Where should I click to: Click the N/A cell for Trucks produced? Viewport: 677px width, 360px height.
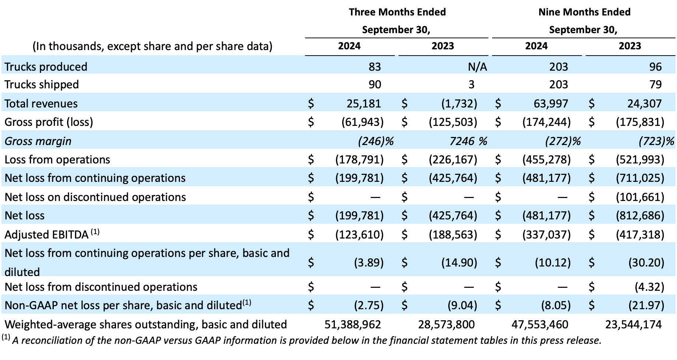[477, 67]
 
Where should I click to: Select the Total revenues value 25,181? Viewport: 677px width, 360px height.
[364, 103]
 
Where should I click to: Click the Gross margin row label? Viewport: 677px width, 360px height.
[38, 141]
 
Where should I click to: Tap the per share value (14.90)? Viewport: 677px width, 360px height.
[459, 262]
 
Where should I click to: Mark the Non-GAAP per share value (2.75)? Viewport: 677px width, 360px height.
[369, 305]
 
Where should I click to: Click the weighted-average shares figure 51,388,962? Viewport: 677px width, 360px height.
[353, 324]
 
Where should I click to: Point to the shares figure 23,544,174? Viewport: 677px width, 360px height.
[634, 324]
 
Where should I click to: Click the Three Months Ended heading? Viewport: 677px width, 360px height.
[397, 12]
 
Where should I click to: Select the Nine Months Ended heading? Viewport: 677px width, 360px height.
[585, 12]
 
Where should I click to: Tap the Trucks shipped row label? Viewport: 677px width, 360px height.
[42, 85]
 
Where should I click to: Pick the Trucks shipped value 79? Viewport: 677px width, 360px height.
[656, 84]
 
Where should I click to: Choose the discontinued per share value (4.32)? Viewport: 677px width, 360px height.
[649, 287]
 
